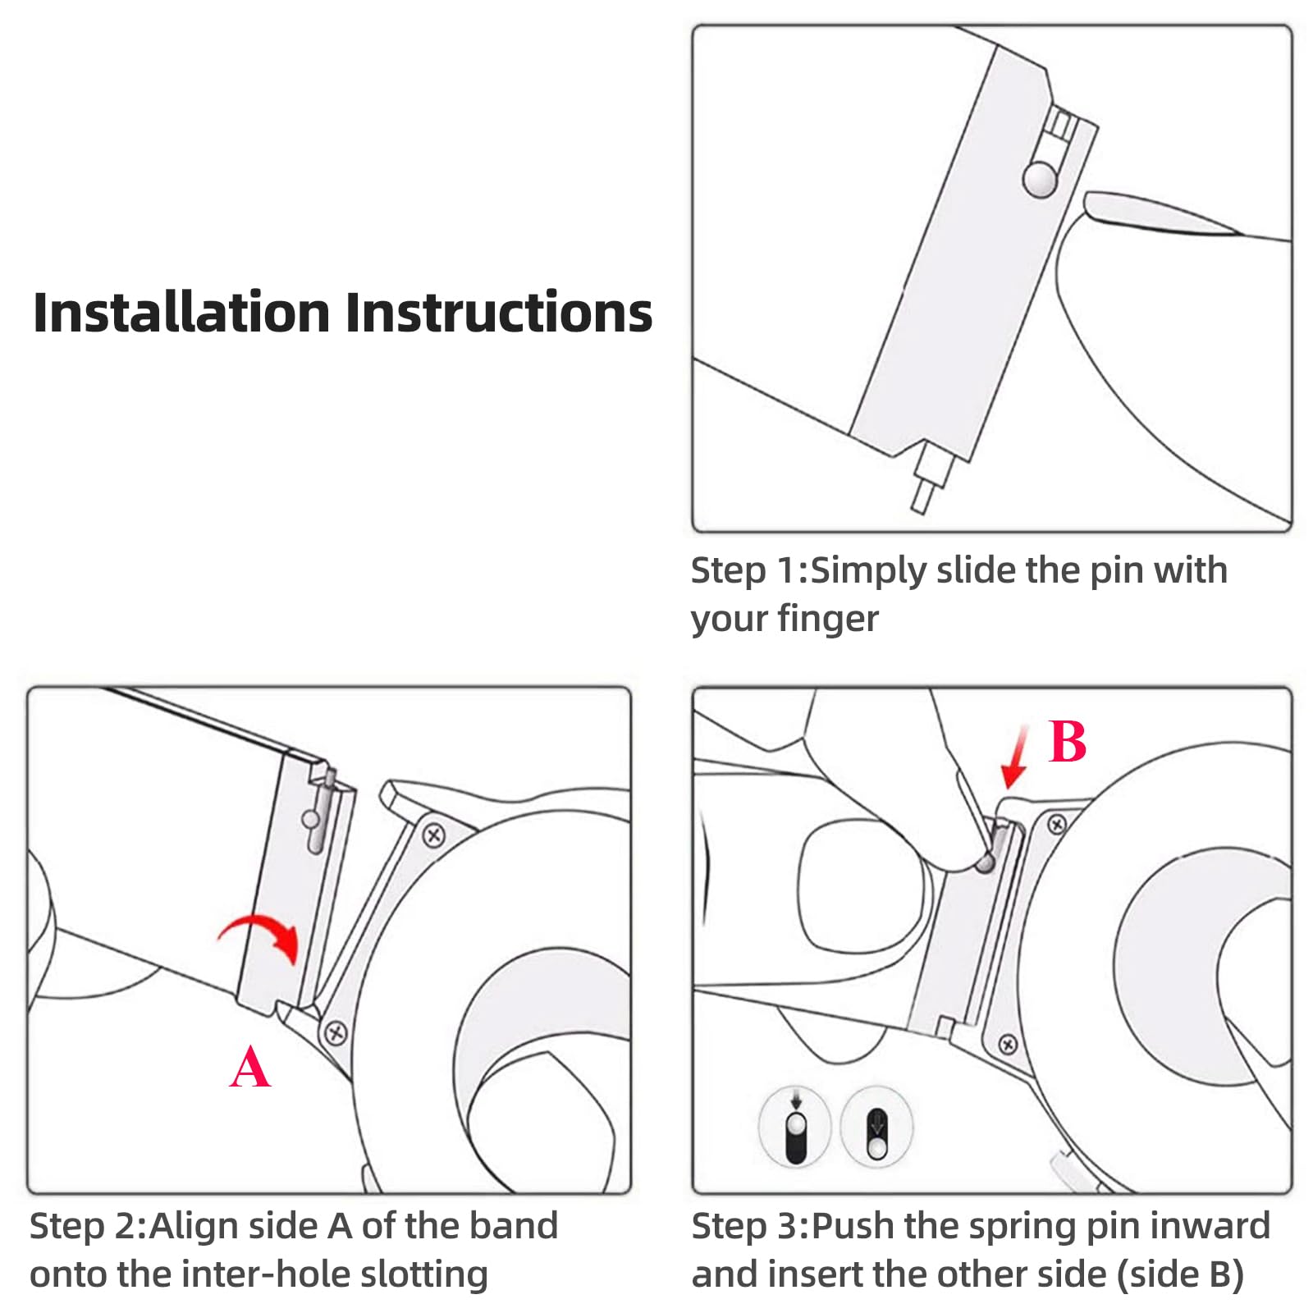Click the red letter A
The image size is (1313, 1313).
pos(249,1066)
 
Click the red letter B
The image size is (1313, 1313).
pos(1067,742)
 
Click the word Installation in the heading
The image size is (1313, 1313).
pos(181,313)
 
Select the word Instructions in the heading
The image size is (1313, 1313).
pos(499,313)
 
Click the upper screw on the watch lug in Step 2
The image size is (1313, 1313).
pos(433,836)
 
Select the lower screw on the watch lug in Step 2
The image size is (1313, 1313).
pos(336,1032)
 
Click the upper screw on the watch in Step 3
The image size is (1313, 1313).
pos(1057,824)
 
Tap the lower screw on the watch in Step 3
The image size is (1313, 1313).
pos(1008,1045)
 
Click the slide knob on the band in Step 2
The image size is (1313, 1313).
pos(310,819)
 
